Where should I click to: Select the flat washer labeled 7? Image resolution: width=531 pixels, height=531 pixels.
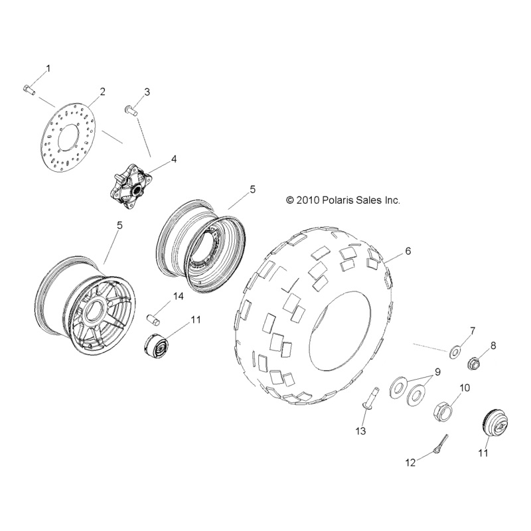click(457, 350)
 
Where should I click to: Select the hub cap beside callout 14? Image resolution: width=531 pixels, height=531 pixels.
click(157, 346)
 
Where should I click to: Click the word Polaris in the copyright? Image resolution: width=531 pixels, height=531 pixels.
click(341, 199)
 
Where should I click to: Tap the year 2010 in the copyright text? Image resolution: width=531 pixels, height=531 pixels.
click(309, 199)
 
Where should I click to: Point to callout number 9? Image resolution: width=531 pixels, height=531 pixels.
click(437, 372)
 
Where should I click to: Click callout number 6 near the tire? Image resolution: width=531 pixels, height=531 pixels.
click(408, 251)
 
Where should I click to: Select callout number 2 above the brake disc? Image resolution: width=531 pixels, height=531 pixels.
click(102, 92)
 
